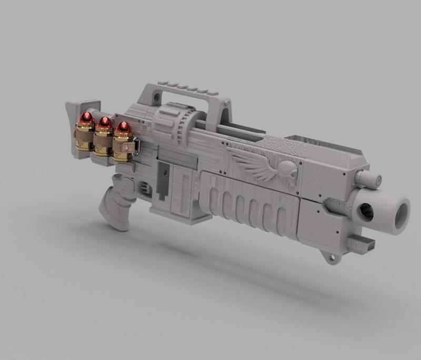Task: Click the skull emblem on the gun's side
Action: (287, 170)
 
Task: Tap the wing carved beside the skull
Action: (253, 164)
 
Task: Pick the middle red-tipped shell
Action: (104, 138)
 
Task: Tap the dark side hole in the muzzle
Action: (366, 212)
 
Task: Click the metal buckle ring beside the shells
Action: (137, 146)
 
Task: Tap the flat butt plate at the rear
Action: (75, 126)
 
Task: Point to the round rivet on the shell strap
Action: (126, 148)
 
